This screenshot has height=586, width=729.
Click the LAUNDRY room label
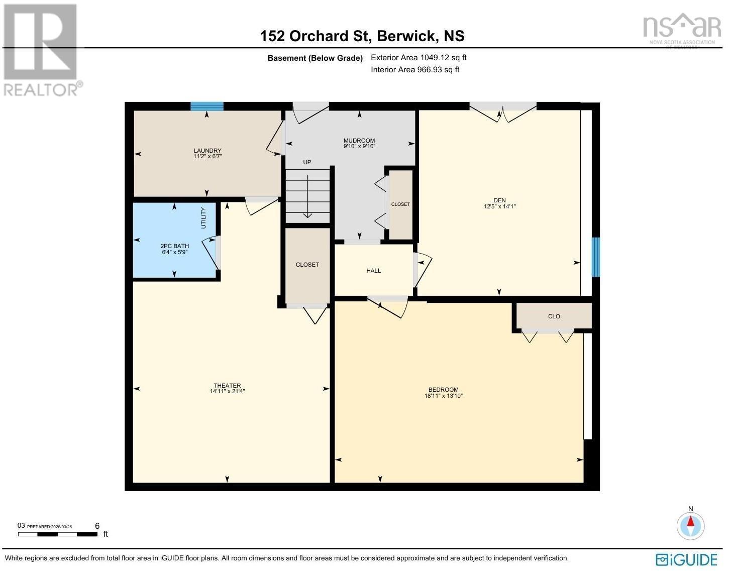(207, 151)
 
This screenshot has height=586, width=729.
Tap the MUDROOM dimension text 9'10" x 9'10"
(359, 147)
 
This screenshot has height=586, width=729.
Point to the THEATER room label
(227, 386)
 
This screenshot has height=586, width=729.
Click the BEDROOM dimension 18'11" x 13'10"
(443, 396)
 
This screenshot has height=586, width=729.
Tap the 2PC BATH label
(174, 246)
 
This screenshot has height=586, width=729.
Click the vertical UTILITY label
(203, 218)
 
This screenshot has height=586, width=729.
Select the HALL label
(373, 271)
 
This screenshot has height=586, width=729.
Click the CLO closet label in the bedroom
(554, 316)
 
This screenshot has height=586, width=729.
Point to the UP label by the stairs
(307, 162)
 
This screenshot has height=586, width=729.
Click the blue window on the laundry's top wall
(207, 106)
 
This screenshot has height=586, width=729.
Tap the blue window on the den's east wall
(595, 257)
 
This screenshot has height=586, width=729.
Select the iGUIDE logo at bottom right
(686, 559)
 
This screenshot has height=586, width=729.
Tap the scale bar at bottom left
(58, 534)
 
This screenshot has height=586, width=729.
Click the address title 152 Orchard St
(362, 36)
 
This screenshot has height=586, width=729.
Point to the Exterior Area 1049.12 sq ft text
(419, 58)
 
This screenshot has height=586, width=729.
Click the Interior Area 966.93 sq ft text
(415, 70)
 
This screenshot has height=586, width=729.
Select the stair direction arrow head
(307, 216)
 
